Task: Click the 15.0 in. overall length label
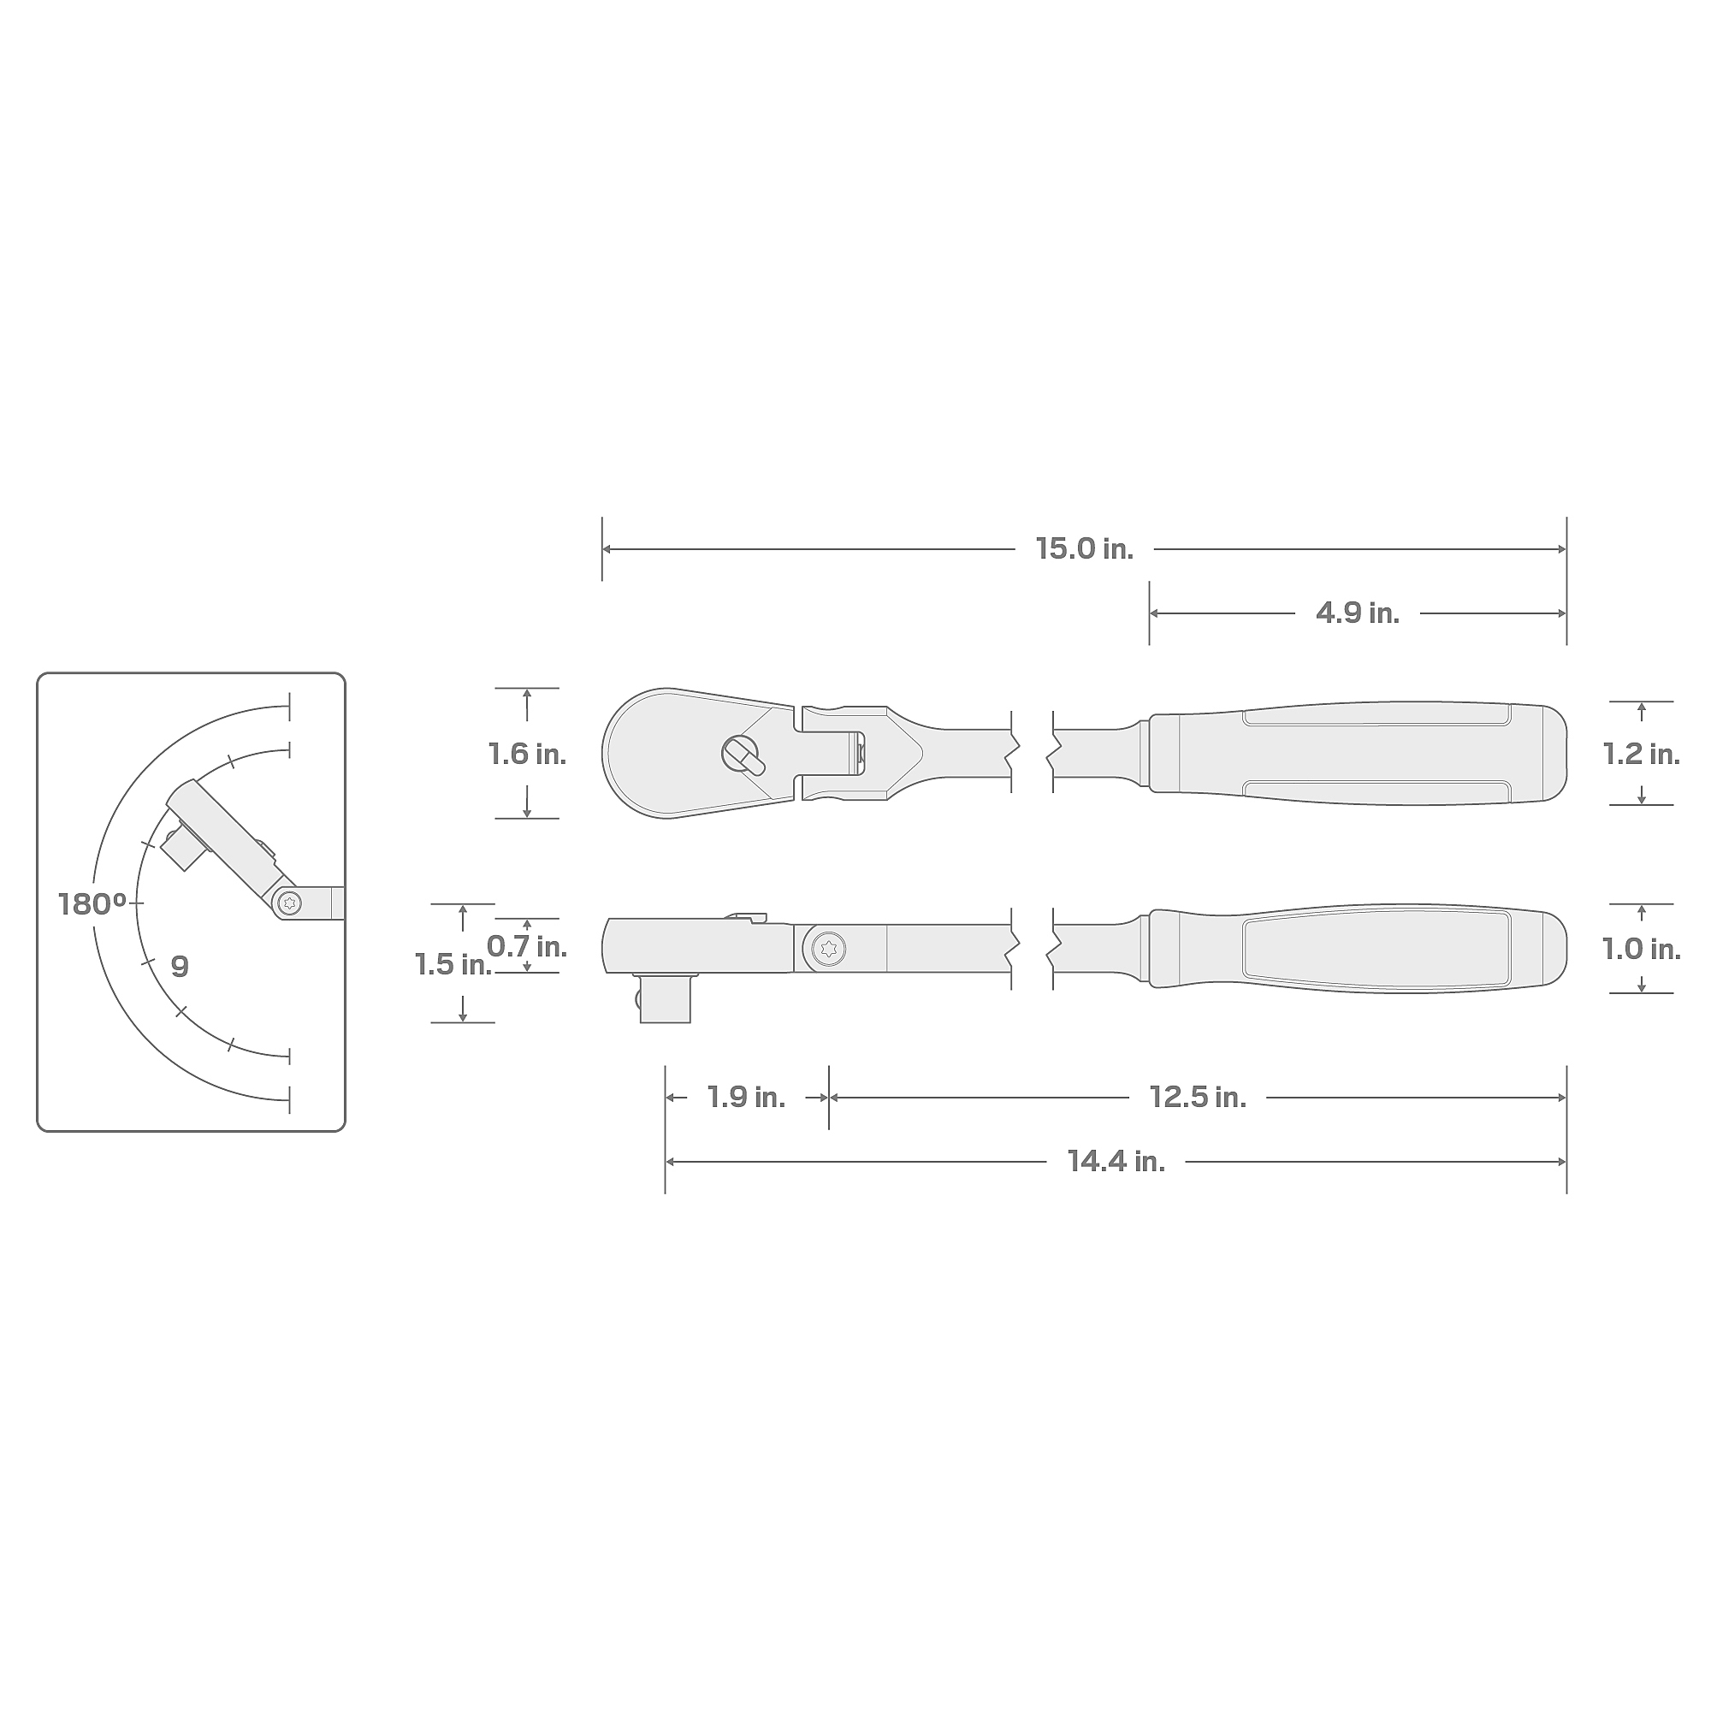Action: tap(1084, 549)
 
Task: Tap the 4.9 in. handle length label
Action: tap(1358, 613)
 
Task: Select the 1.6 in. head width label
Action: tap(527, 754)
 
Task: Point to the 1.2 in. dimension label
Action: tap(1641, 754)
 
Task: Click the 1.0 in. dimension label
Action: tap(1641, 950)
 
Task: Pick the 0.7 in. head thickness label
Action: tap(527, 947)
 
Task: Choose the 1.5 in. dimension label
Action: tap(453, 964)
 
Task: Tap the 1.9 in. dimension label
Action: tap(747, 1098)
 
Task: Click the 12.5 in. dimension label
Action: tap(1199, 1098)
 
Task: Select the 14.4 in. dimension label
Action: tap(1116, 1161)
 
